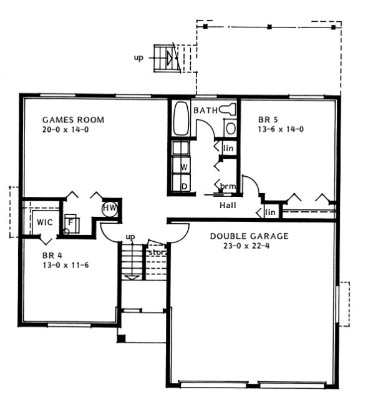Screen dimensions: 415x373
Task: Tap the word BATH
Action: tap(206, 111)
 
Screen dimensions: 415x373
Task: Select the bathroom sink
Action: tap(230, 129)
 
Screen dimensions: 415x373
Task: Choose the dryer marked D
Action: tap(184, 186)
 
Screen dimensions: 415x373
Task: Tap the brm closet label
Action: tap(228, 187)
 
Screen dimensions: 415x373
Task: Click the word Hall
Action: tap(227, 205)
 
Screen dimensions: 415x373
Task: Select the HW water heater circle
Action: tap(110, 208)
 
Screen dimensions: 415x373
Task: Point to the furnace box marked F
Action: tap(71, 222)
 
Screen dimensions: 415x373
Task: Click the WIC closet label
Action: tap(44, 222)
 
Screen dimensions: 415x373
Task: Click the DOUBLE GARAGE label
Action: tap(249, 236)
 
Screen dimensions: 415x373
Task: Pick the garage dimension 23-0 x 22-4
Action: tap(249, 246)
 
